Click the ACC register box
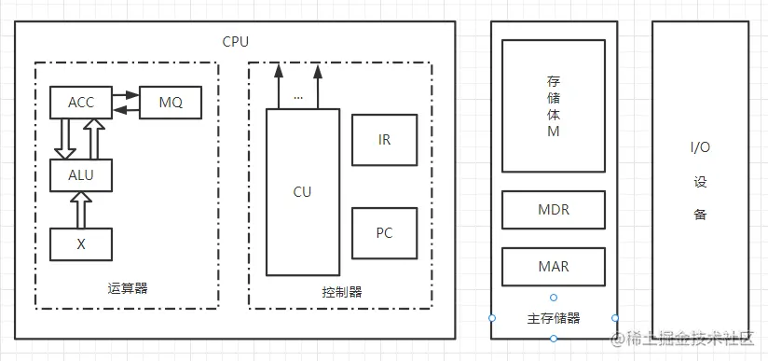[x=81, y=103]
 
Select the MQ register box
[x=171, y=103]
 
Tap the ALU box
[x=81, y=174]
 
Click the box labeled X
[x=81, y=243]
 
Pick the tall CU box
[x=302, y=192]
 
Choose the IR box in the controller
[x=384, y=140]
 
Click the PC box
[x=384, y=232]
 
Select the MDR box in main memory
[x=554, y=210]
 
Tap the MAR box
[x=554, y=267]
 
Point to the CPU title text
[x=235, y=41]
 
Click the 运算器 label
[x=128, y=288]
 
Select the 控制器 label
[x=341, y=292]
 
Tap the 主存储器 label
[x=554, y=318]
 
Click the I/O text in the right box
[x=701, y=148]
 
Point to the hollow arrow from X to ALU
[x=81, y=210]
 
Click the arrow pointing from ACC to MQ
[x=125, y=95]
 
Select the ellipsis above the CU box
[x=298, y=96]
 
